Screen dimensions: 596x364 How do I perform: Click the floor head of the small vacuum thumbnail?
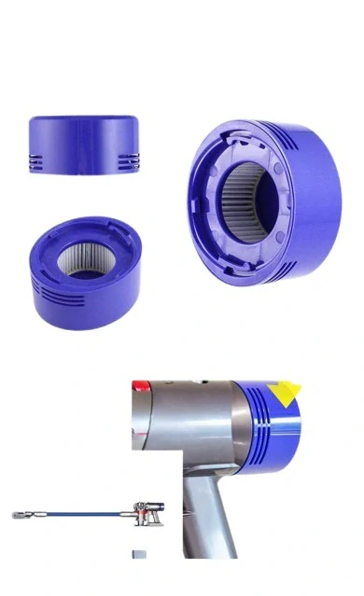coord(18,514)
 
